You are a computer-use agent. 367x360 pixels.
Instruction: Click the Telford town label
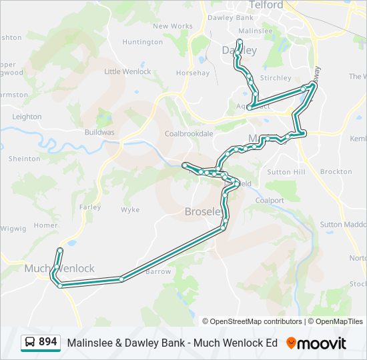click(x=266, y=5)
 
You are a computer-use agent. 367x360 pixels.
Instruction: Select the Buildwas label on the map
click(x=99, y=132)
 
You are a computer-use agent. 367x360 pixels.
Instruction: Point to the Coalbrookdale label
click(x=189, y=133)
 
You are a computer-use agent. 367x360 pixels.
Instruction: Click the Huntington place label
click(x=143, y=42)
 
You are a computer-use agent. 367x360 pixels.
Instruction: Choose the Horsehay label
click(x=192, y=73)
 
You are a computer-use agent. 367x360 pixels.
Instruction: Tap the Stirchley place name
click(x=276, y=78)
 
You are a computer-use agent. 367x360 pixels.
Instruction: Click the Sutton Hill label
click(x=286, y=172)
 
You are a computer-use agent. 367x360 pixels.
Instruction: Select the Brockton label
click(x=336, y=171)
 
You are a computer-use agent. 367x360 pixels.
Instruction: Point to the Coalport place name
click(x=270, y=200)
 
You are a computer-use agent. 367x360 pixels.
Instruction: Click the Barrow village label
click(x=158, y=271)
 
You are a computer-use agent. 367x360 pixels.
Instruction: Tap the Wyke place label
click(x=130, y=209)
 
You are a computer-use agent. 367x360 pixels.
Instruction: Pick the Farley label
click(x=90, y=207)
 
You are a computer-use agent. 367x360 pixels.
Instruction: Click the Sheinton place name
click(x=24, y=159)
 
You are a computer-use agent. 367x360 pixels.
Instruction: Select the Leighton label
click(x=27, y=117)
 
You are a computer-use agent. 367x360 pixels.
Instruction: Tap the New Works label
click(x=173, y=27)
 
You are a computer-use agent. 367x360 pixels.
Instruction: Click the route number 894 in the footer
click(x=47, y=342)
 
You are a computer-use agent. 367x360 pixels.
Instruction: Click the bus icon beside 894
click(x=30, y=343)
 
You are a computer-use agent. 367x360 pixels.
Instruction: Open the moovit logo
click(x=316, y=343)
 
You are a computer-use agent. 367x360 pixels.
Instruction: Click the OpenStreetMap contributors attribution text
click(x=252, y=321)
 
